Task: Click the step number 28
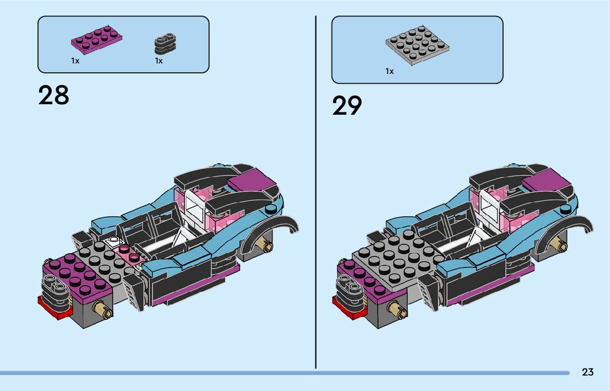pos(53,95)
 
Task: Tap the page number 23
pos(587,372)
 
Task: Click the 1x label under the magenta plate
pos(75,61)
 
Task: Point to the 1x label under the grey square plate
pos(389,71)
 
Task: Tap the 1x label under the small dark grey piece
pos(159,61)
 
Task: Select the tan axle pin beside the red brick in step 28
pos(103,310)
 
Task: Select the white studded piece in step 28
pos(115,241)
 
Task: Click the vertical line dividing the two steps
pos(315,193)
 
